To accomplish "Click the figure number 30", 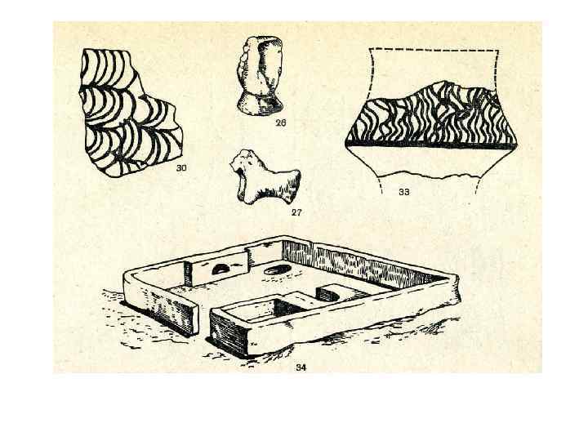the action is coord(181,168).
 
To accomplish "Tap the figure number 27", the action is coord(296,212).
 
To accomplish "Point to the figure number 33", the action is coord(404,192).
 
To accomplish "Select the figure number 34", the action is coord(301,367).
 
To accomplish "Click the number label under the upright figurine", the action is coord(280,122).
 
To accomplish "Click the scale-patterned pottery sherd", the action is coord(129,113).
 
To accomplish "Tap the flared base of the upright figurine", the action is coord(260,105).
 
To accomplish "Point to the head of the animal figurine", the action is coord(243,162).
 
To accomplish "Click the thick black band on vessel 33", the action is coord(430,145).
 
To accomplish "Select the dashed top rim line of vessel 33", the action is coord(434,50).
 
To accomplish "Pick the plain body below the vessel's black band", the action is coord(430,161).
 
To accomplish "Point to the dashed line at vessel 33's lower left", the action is coord(380,185).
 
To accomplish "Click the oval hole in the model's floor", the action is coord(278,269).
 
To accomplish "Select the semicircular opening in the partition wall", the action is coord(220,269).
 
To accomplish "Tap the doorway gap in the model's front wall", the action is coord(204,322).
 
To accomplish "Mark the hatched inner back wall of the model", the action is coord(360,262).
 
